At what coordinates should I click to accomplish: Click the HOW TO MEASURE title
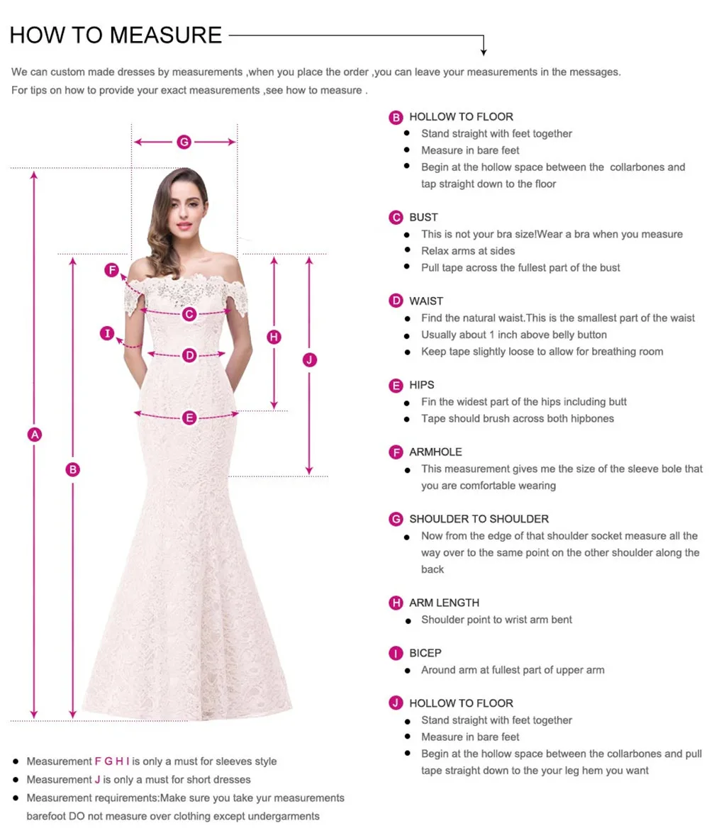coord(116,34)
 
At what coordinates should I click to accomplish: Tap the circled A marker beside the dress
coord(34,435)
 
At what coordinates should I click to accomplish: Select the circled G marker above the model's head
coord(184,142)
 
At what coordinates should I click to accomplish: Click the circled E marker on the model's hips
coord(189,418)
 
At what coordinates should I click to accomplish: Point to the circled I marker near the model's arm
coord(107,333)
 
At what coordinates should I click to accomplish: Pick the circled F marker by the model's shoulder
coord(111,269)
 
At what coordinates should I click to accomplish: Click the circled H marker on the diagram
coord(274,337)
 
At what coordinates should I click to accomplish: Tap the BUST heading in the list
coord(423,217)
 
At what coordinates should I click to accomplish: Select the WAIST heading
coord(426,301)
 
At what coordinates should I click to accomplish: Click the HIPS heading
coord(422,385)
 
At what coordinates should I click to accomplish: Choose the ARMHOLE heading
coord(435,452)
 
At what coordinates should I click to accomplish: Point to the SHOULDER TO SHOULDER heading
coord(479,519)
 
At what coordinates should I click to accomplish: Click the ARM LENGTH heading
coord(444,603)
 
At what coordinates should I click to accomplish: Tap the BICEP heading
coord(425,653)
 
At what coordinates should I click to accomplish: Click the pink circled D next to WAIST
coord(396,301)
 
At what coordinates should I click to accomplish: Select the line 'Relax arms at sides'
coord(468,251)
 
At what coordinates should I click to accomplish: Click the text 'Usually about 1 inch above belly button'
coord(514,335)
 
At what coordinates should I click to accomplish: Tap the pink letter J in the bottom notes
coord(98,779)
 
